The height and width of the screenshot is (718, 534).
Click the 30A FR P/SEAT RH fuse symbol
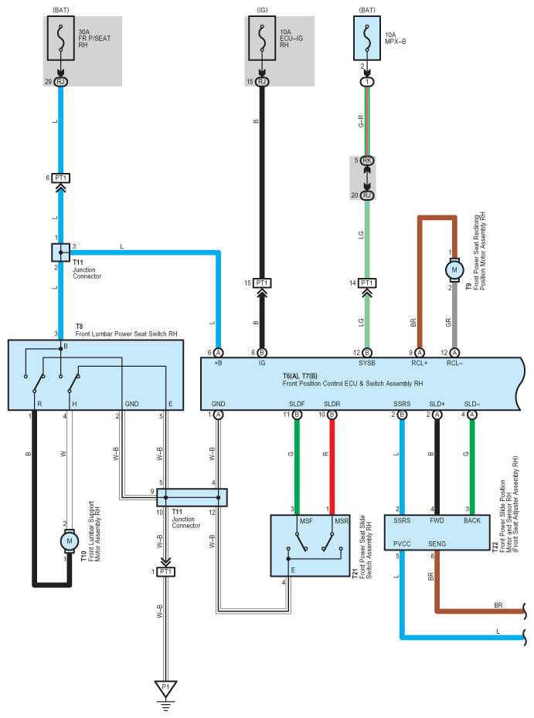pyautogui.click(x=60, y=39)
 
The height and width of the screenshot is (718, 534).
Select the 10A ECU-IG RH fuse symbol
pyautogui.click(x=262, y=39)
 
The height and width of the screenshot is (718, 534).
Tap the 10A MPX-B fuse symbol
pyautogui.click(x=367, y=39)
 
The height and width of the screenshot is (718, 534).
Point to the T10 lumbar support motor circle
pyautogui.click(x=70, y=541)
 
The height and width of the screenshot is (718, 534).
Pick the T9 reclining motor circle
pyautogui.click(x=454, y=269)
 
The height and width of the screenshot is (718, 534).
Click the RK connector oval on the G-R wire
pyautogui.click(x=367, y=161)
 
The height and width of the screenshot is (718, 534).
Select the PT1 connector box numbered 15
pyautogui.click(x=262, y=283)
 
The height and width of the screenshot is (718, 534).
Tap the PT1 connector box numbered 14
pyautogui.click(x=367, y=283)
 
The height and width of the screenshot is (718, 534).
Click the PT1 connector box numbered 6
pyautogui.click(x=60, y=178)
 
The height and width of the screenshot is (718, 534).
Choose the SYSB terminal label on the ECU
pyautogui.click(x=367, y=363)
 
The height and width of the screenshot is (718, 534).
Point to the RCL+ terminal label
pyautogui.click(x=420, y=363)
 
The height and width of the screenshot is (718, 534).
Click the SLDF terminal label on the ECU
pyautogui.click(x=297, y=404)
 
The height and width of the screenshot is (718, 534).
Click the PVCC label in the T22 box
pyautogui.click(x=402, y=544)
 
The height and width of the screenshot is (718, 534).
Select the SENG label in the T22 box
pyautogui.click(x=437, y=544)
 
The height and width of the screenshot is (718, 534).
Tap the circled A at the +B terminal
pyautogui.click(x=218, y=353)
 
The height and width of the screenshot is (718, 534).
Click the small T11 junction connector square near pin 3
pyautogui.click(x=60, y=252)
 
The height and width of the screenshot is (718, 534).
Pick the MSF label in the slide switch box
pyautogui.click(x=306, y=521)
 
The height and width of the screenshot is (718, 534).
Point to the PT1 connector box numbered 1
pyautogui.click(x=166, y=571)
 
